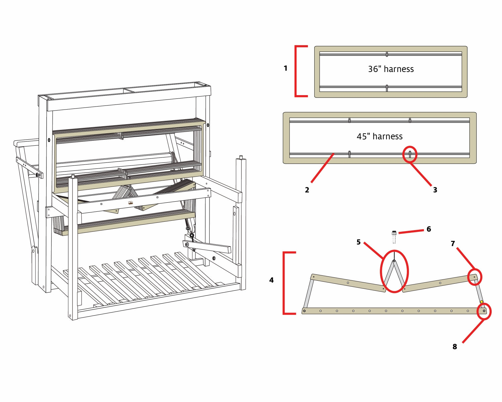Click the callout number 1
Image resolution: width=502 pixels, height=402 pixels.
click(x=285, y=68)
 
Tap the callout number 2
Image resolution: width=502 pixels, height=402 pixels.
click(x=307, y=190)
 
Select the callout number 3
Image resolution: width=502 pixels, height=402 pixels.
click(x=435, y=190)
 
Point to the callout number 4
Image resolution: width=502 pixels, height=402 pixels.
click(x=271, y=280)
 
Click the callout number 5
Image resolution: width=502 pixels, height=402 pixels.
click(x=358, y=242)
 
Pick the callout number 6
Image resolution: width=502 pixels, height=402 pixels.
click(x=429, y=229)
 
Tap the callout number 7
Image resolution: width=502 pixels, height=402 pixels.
click(x=453, y=244)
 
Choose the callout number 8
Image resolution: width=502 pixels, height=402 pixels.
click(x=454, y=347)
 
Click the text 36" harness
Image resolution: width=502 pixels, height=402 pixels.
click(x=391, y=69)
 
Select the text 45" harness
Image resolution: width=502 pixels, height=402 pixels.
click(x=380, y=136)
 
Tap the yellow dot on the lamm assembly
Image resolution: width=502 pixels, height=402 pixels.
click(x=482, y=302)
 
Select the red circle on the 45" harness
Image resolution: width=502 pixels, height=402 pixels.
click(x=410, y=154)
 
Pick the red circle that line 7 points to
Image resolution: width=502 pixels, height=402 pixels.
click(x=474, y=277)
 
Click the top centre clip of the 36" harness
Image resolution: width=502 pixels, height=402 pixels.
click(x=387, y=54)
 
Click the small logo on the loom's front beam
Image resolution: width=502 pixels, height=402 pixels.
click(x=131, y=203)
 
